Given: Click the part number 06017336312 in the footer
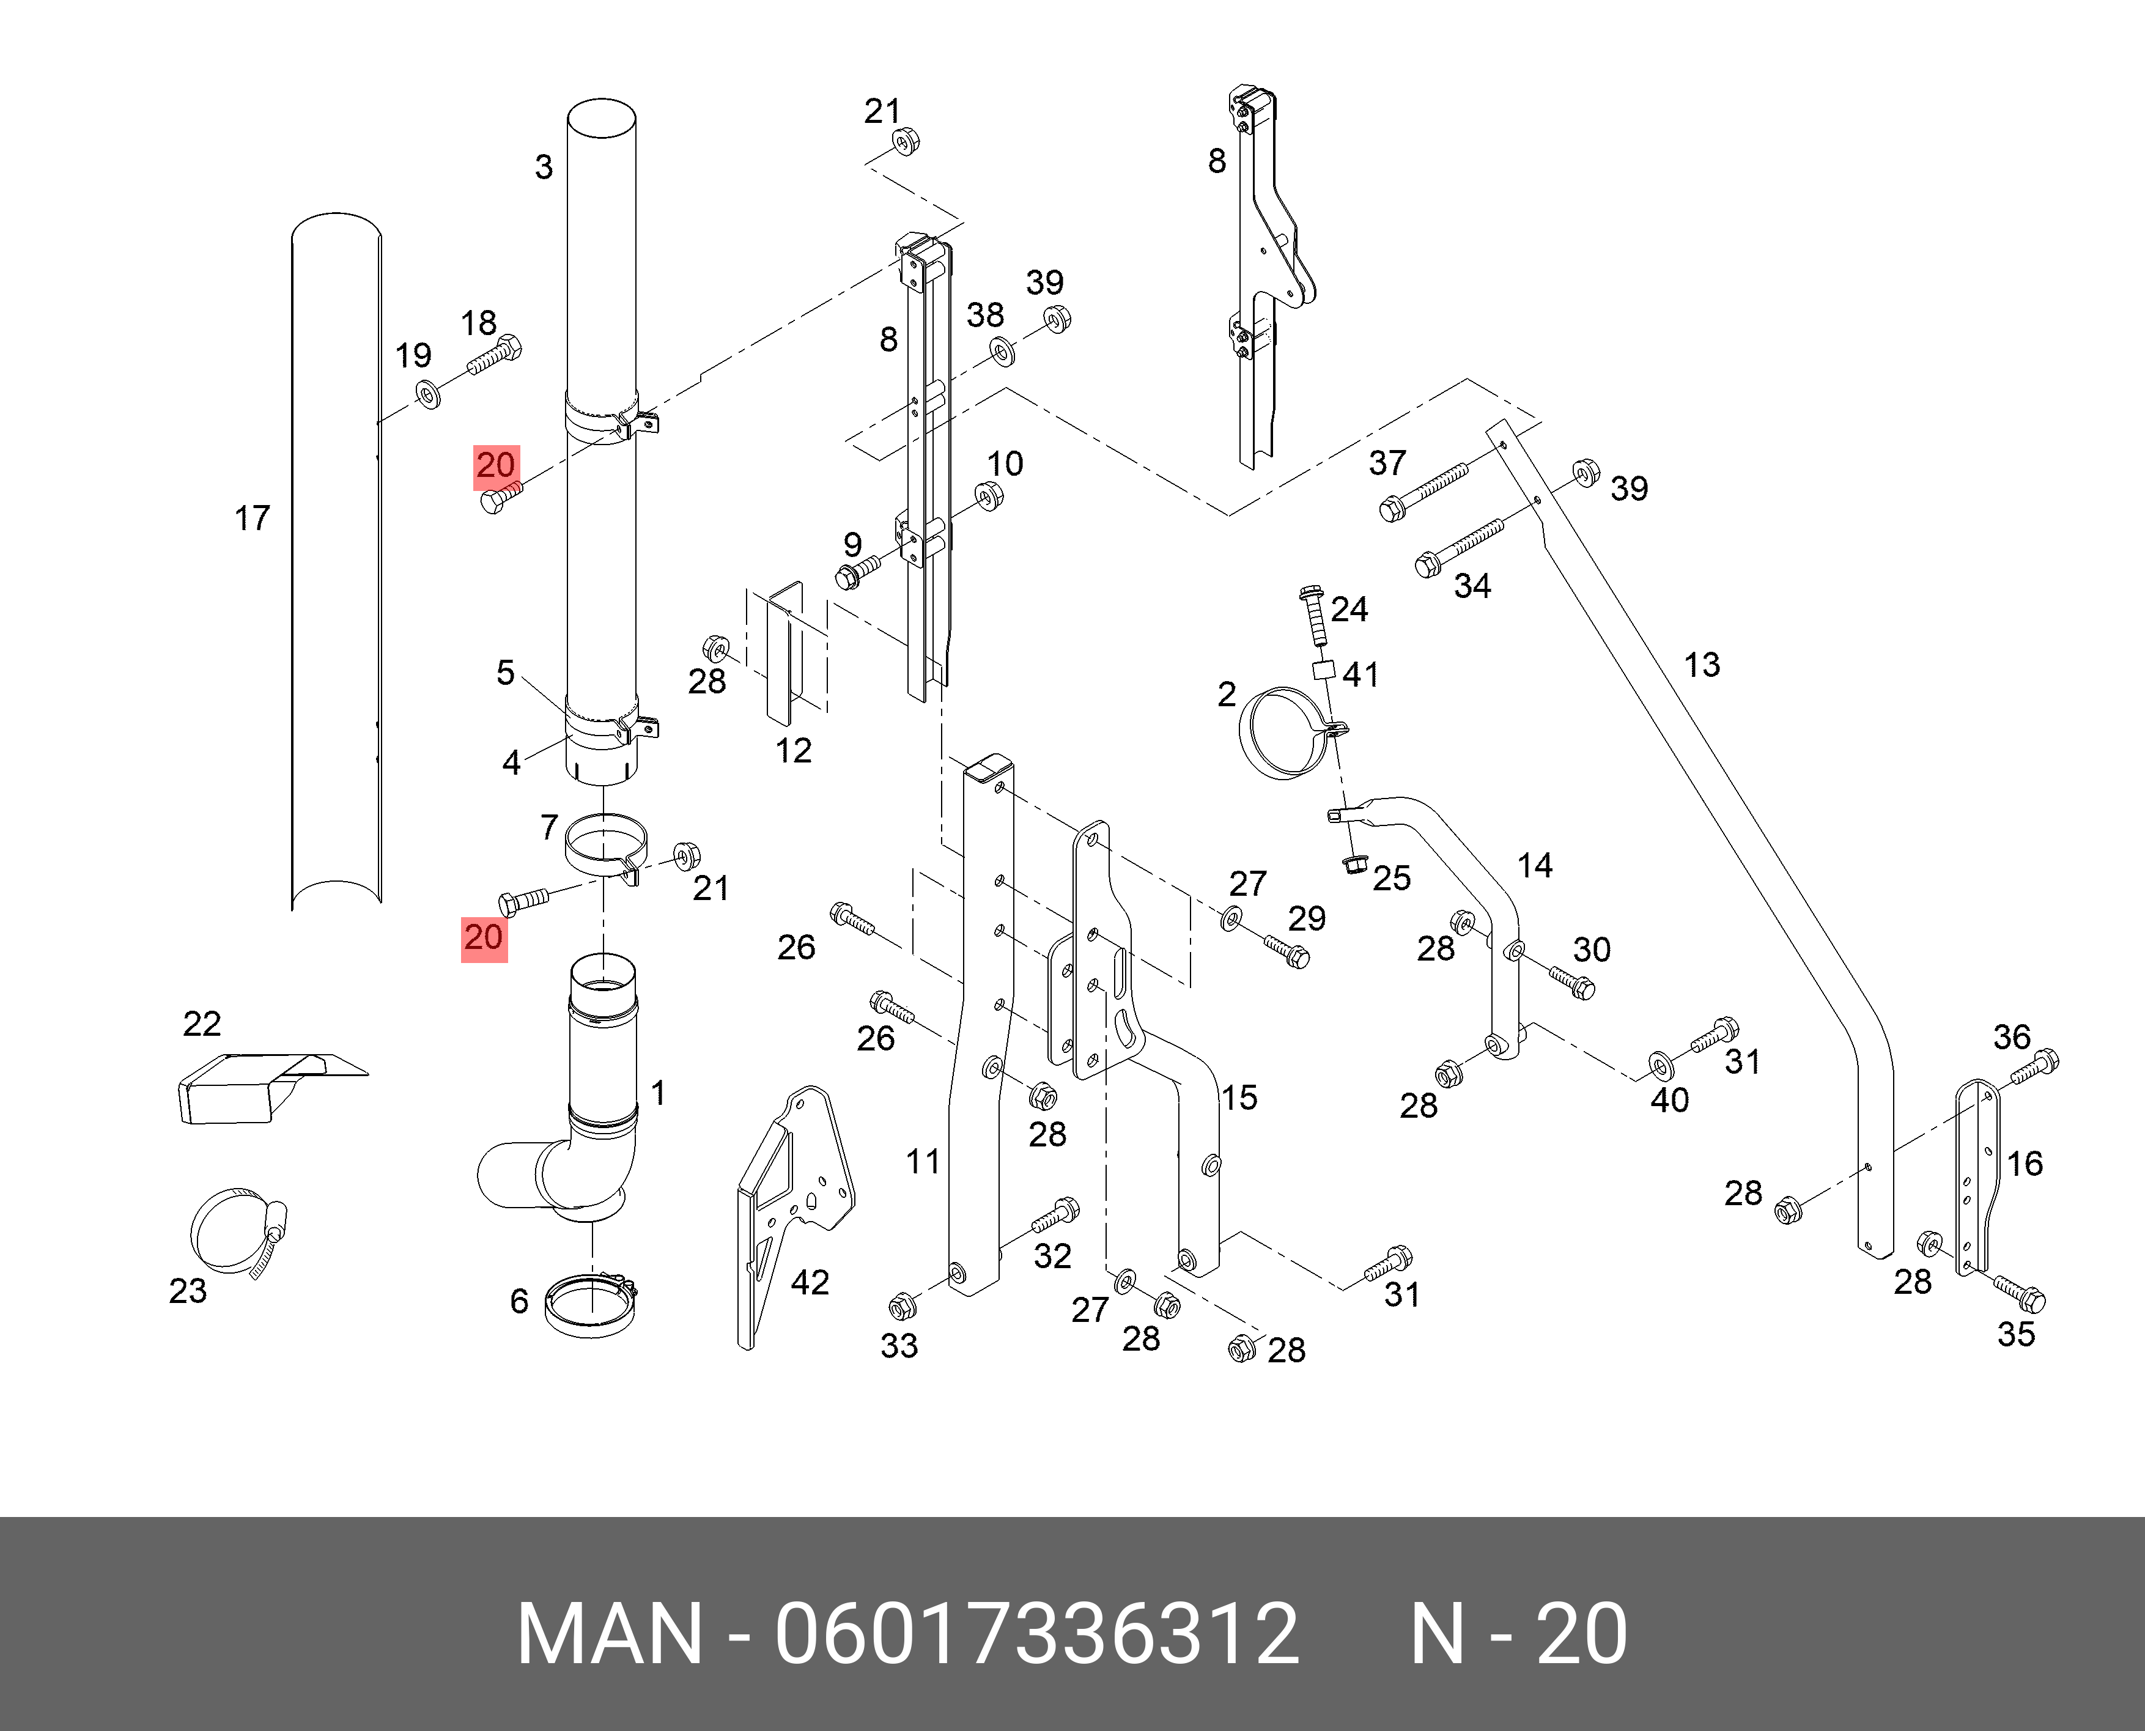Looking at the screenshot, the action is [1037, 1634].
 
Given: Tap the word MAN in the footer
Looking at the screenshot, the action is [609, 1634].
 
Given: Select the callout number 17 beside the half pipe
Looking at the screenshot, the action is [253, 519].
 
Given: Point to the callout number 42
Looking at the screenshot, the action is [809, 1282].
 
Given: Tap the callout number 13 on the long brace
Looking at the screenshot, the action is [1701, 665].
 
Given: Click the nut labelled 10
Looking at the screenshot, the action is [988, 495].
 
